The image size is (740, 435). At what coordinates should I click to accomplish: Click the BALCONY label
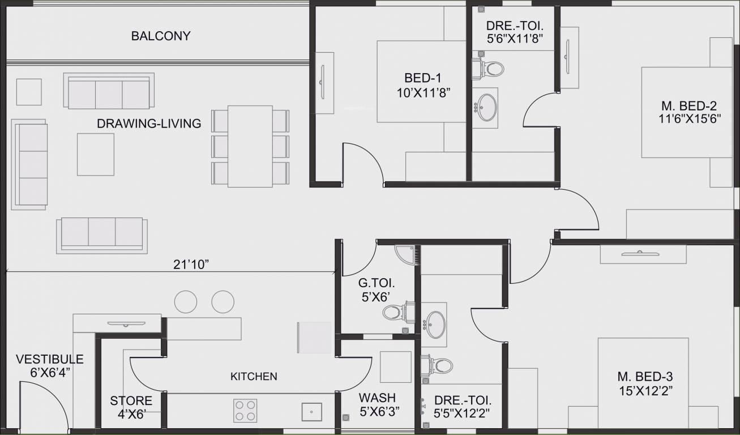pyautogui.click(x=161, y=36)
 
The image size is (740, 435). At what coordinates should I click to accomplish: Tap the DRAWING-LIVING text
pyautogui.click(x=149, y=123)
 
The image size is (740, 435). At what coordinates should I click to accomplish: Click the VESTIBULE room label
pyautogui.click(x=50, y=359)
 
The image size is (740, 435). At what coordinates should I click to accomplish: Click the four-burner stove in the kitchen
pyautogui.click(x=245, y=411)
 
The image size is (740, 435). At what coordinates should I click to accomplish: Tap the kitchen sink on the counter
pyautogui.click(x=311, y=412)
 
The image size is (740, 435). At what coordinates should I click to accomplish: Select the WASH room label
pyautogui.click(x=377, y=398)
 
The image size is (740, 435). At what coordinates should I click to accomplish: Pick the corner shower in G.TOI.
pyautogui.click(x=406, y=255)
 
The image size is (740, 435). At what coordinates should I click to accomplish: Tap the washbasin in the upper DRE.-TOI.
pyautogui.click(x=485, y=106)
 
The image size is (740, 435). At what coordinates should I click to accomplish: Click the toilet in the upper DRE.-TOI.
pyautogui.click(x=489, y=69)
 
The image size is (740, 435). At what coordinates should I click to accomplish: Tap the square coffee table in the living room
pyautogui.click(x=96, y=154)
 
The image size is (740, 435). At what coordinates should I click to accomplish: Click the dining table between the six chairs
pyautogui.click(x=250, y=146)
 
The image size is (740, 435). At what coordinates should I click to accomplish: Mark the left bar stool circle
pyautogui.click(x=186, y=302)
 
